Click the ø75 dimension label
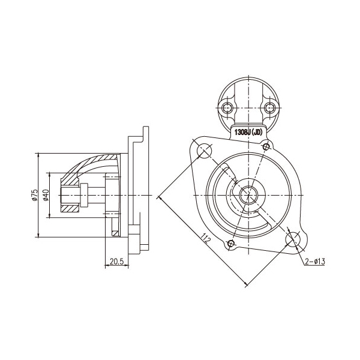click(x=35, y=195)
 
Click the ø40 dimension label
click(x=46, y=195)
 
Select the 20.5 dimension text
click(x=116, y=261)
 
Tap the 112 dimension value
click(x=206, y=238)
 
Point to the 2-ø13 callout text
click(x=315, y=261)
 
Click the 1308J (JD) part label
click(x=248, y=133)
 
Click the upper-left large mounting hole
click(x=205, y=151)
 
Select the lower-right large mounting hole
click(x=293, y=239)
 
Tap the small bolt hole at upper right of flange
click(x=266, y=146)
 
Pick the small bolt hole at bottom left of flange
click(x=231, y=243)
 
